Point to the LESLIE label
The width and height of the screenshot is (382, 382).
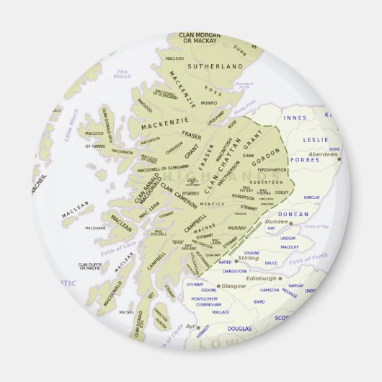coord(316,138)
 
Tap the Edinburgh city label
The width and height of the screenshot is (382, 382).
coord(262,278)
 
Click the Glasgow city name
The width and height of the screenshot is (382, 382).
coord(233,285)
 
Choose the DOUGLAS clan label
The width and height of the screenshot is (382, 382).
coord(239,329)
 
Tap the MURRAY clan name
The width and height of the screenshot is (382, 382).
coord(236,228)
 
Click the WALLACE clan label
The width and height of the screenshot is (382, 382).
coord(221,312)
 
